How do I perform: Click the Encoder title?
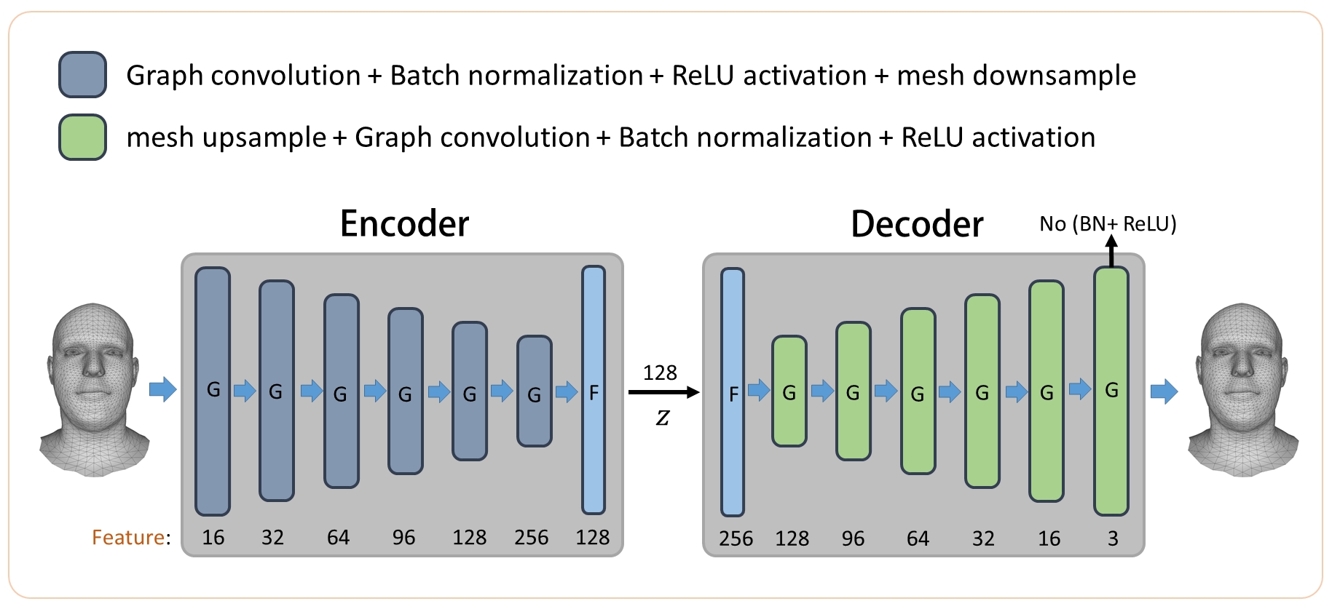(404, 223)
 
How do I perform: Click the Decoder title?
(917, 224)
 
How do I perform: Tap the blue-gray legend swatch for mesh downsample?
(82, 75)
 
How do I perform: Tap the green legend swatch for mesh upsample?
(82, 137)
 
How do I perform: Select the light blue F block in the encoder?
(594, 390)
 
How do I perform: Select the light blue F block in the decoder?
(733, 392)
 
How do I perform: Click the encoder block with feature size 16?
(213, 391)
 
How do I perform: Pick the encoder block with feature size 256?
(534, 391)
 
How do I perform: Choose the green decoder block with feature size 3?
(1111, 391)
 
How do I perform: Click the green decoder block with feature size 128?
(789, 391)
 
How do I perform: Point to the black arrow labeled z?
(663, 392)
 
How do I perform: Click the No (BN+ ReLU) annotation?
(1108, 223)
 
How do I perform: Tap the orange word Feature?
(128, 537)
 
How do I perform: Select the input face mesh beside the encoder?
(93, 390)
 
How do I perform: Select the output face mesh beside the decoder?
(1242, 390)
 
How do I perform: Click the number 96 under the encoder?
(403, 538)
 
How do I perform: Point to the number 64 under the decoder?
(918, 538)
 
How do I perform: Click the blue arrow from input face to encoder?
(162, 389)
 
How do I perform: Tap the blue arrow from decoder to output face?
(1164, 391)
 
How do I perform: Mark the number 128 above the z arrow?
(660, 373)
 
